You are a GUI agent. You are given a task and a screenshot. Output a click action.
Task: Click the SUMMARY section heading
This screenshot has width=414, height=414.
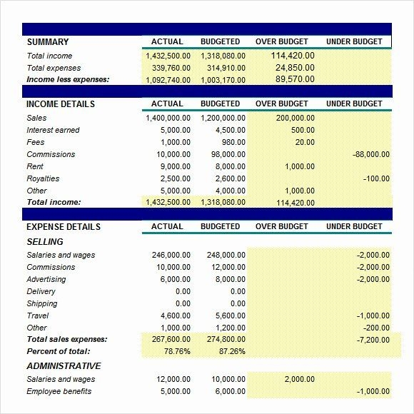pyautogui.click(x=48, y=42)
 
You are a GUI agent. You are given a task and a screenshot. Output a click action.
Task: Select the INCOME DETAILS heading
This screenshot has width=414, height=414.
pyautogui.click(x=61, y=104)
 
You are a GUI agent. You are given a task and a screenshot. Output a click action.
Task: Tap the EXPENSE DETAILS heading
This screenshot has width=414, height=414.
pyautogui.click(x=64, y=227)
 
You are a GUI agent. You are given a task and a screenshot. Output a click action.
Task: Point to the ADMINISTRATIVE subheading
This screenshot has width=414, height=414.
pyautogui.click(x=64, y=366)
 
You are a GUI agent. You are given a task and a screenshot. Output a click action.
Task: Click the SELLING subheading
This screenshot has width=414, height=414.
pyautogui.click(x=45, y=242)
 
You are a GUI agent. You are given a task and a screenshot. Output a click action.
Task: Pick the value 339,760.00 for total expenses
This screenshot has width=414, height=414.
pyautogui.click(x=168, y=68)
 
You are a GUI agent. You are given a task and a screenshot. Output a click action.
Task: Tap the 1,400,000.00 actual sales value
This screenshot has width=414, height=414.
pyautogui.click(x=168, y=118)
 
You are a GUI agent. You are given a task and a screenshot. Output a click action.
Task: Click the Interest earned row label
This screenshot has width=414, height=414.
pyautogui.click(x=53, y=130)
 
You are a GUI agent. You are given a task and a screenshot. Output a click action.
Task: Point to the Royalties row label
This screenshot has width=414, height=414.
pyautogui.click(x=43, y=178)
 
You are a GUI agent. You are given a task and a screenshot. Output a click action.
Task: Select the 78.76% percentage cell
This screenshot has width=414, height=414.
pyautogui.click(x=176, y=351)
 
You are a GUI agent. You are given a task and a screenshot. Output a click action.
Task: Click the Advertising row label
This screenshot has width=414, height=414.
pyautogui.click(x=46, y=279)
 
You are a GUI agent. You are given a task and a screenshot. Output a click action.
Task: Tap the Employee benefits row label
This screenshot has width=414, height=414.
pyautogui.click(x=59, y=391)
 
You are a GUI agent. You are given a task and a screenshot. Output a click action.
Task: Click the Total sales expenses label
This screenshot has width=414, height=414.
pyautogui.click(x=66, y=339)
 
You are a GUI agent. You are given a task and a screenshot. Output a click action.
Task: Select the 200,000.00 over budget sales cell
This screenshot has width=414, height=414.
pyautogui.click(x=295, y=118)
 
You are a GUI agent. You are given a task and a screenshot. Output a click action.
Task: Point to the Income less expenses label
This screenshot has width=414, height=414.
pyautogui.click(x=68, y=79)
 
